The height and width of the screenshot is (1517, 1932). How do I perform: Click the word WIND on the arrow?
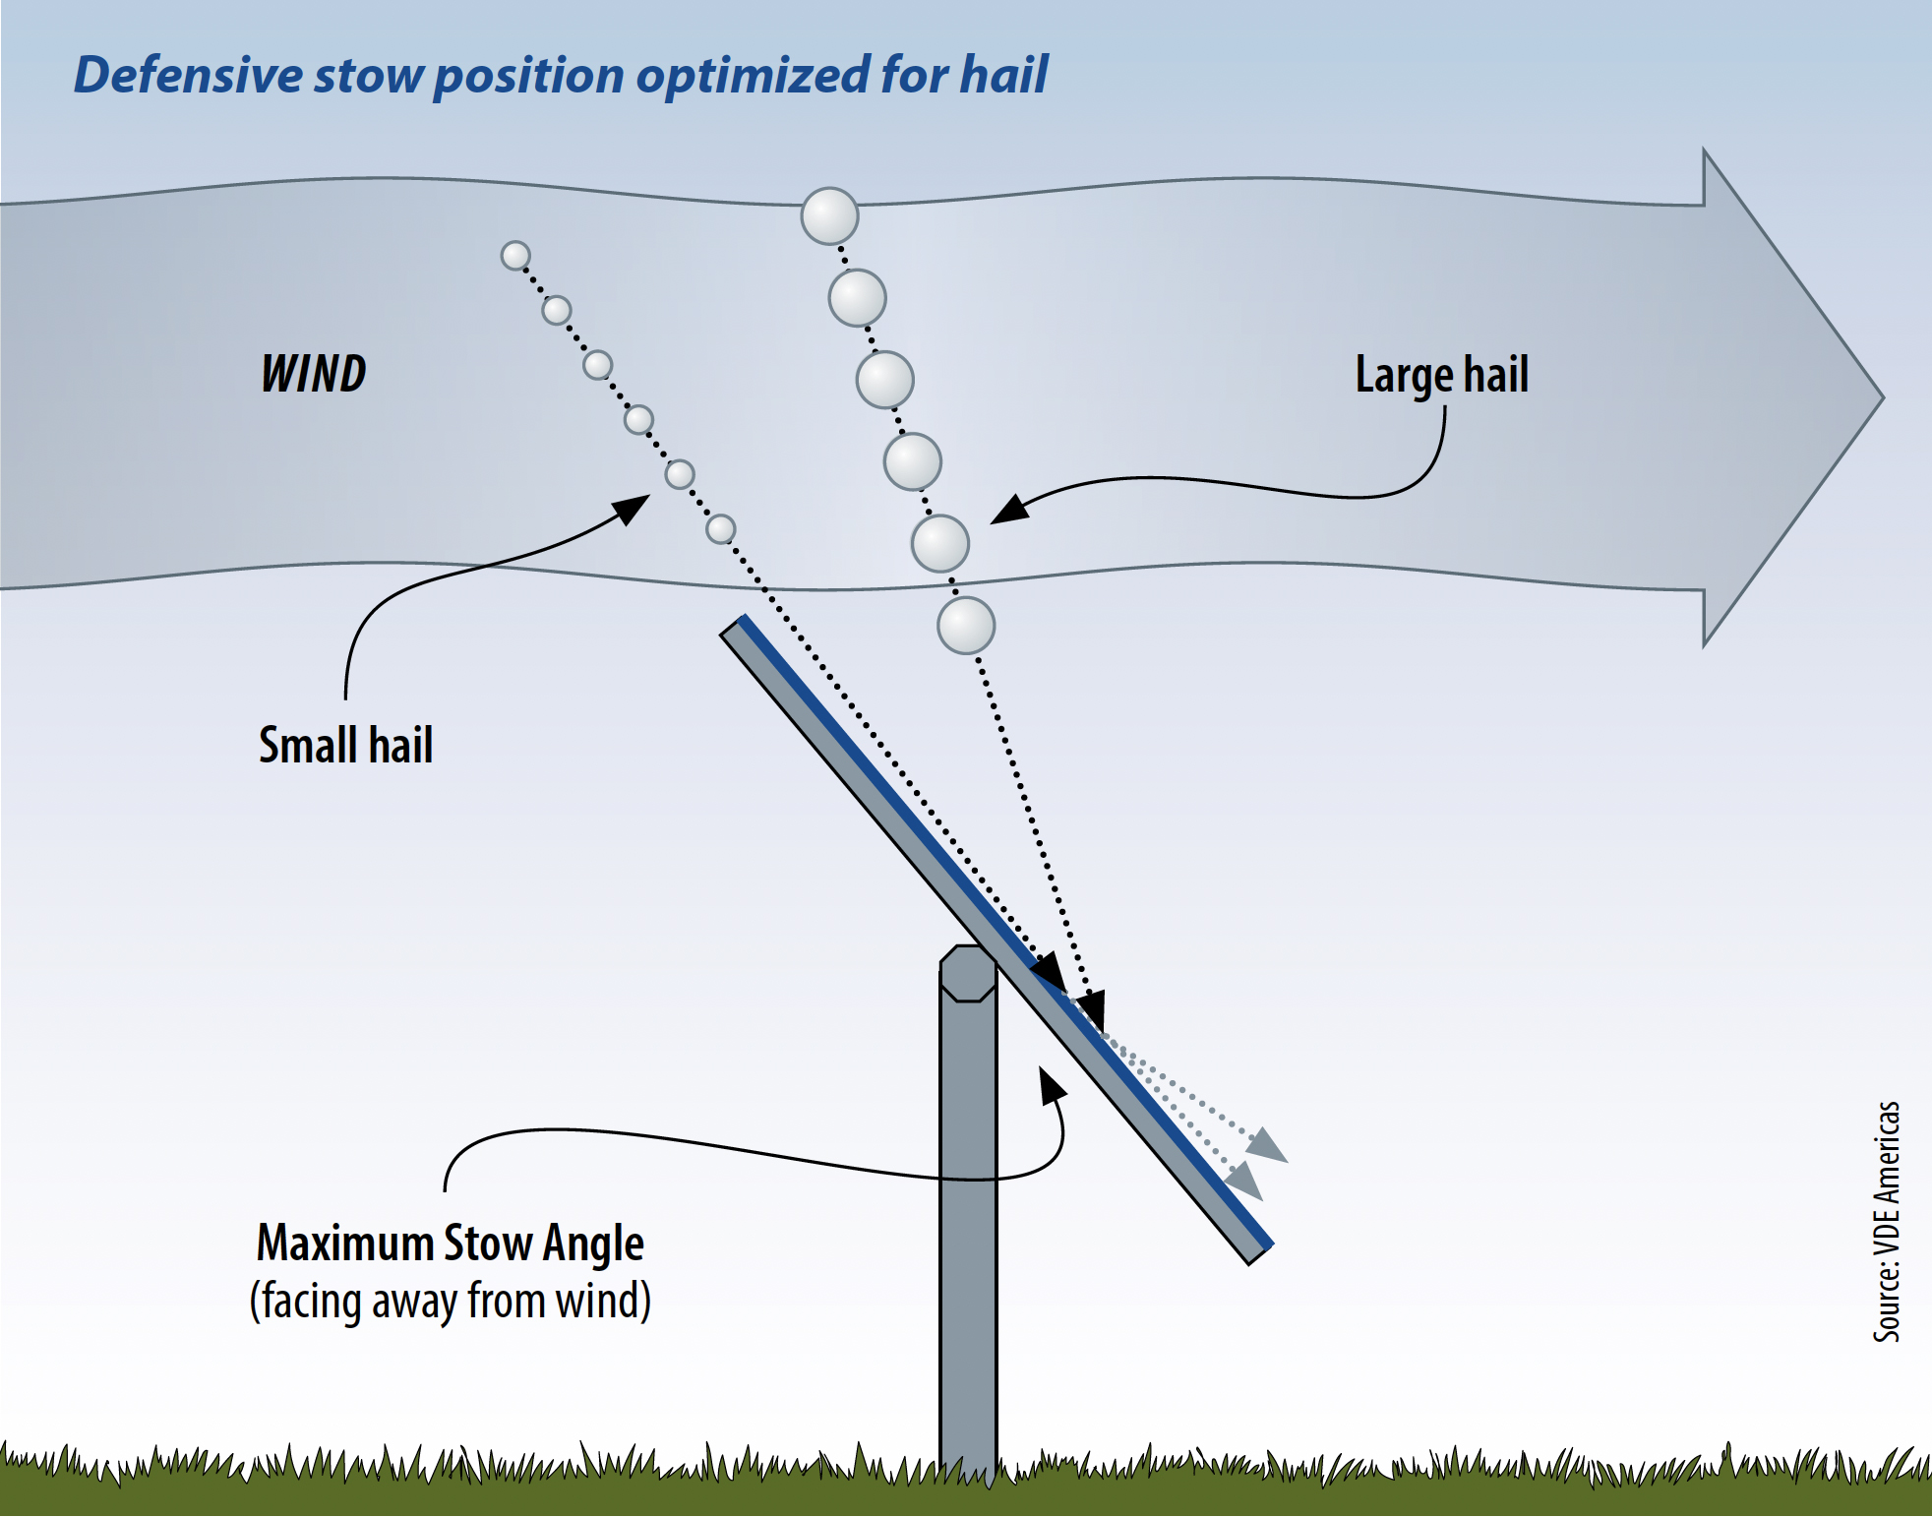313,374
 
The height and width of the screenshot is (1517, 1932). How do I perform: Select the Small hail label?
345,745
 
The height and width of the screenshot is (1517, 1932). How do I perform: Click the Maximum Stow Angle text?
450,1244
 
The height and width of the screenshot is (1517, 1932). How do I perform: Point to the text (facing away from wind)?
450,1301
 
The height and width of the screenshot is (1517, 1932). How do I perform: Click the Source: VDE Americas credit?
1886,1221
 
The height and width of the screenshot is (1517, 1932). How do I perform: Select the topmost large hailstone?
829,216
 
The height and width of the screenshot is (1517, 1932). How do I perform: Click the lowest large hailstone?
966,626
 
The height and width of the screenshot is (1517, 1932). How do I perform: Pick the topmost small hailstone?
515,256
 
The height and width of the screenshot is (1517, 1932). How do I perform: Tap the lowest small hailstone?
721,529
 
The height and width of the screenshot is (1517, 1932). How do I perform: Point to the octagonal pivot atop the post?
968,973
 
